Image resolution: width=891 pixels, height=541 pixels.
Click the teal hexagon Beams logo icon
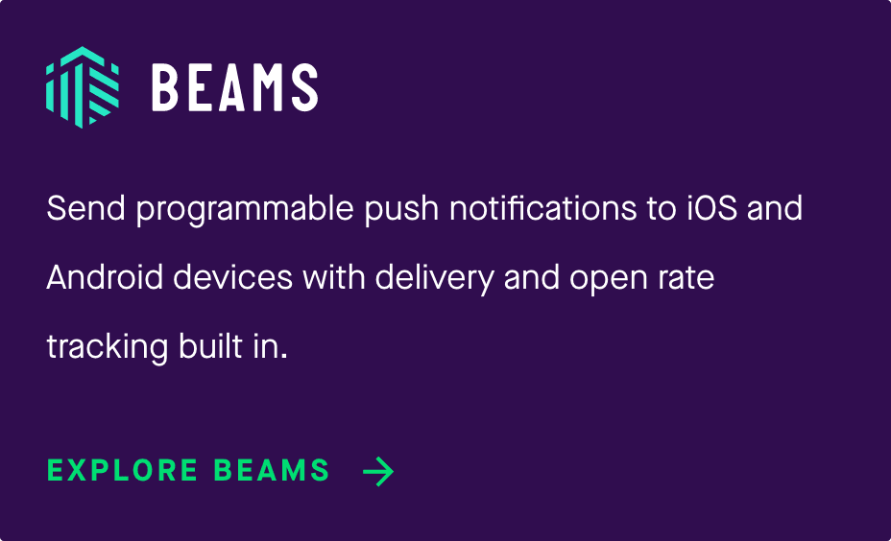tap(83, 87)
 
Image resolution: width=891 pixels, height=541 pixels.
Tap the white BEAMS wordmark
tap(234, 87)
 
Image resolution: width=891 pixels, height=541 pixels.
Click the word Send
tap(85, 208)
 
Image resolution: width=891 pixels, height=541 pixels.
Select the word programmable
tap(245, 210)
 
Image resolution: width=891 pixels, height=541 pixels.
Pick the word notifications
tap(542, 208)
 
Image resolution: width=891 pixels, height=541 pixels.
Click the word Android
tap(105, 277)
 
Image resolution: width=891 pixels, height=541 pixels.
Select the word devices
tap(233, 277)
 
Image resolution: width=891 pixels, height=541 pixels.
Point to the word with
tap(334, 277)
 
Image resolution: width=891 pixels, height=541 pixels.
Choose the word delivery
tap(435, 279)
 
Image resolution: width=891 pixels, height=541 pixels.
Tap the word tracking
tap(108, 348)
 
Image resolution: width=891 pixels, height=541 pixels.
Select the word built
tap(210, 346)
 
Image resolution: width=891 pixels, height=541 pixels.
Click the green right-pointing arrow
tap(378, 471)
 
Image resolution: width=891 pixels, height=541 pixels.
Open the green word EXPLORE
tap(123, 471)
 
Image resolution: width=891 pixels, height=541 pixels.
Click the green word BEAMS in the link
tap(272, 471)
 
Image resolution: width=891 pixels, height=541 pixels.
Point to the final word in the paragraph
tap(270, 346)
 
